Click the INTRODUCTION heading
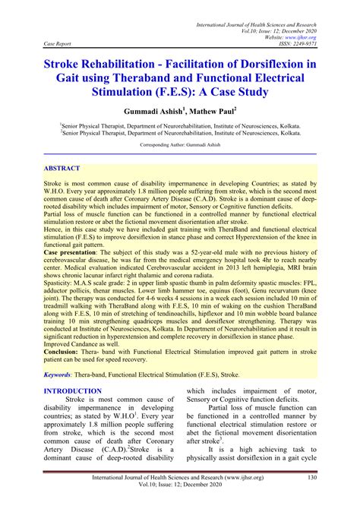click(72, 391)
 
